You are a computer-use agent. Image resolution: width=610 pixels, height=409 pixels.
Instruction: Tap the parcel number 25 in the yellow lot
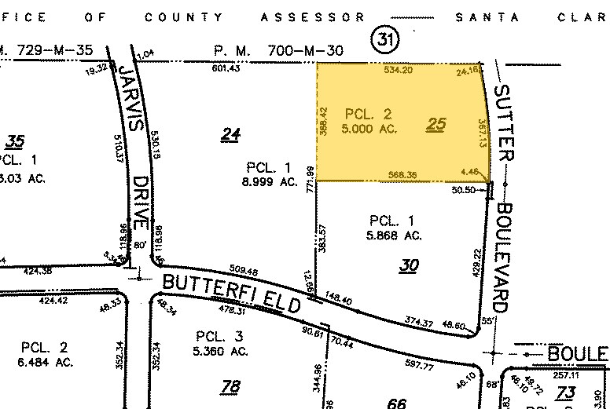point(436,123)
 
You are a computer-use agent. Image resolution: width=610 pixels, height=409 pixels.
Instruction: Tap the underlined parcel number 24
point(230,135)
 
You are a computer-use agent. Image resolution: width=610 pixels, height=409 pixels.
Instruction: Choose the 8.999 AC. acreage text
point(270,181)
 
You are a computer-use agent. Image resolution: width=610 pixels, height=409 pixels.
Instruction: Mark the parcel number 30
point(408,265)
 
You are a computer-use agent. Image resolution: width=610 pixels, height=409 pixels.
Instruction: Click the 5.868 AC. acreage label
point(396,235)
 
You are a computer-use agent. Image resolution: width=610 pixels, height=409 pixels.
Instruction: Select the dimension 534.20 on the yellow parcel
point(398,70)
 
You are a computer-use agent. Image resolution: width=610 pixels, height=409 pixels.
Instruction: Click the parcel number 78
point(230,385)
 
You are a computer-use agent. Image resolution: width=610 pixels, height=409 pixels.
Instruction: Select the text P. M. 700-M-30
point(279,50)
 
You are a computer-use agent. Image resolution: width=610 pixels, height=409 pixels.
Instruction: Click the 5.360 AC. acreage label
point(222,351)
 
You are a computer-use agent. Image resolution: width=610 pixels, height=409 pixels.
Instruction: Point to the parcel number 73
point(566,393)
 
